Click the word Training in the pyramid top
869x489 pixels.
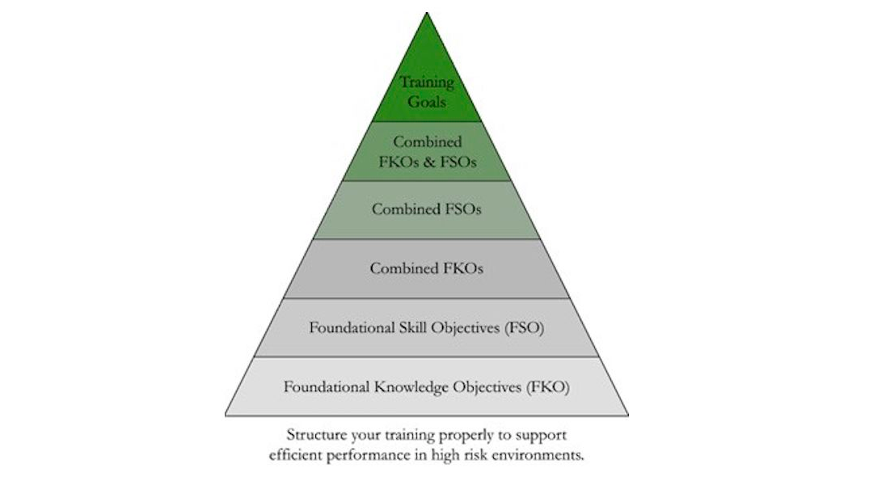pyautogui.click(x=427, y=82)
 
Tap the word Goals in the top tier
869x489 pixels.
pyautogui.click(x=427, y=103)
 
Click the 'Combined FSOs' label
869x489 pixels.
pyautogui.click(x=427, y=209)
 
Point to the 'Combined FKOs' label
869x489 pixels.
pyautogui.click(x=427, y=268)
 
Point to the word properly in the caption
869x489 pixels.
pyautogui.click(x=445, y=434)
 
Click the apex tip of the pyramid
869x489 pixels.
pyautogui.click(x=427, y=14)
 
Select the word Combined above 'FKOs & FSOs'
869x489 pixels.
pyautogui.click(x=427, y=141)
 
